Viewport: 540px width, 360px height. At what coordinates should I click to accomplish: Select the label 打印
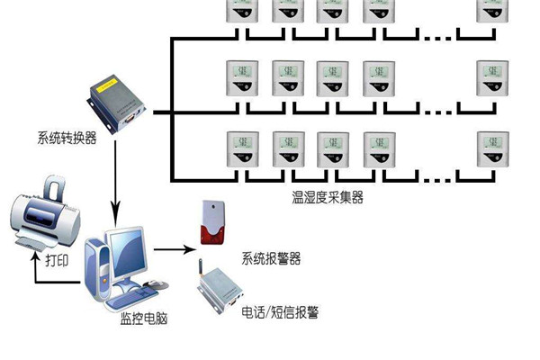click(57, 260)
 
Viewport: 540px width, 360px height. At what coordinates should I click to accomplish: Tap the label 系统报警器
click(271, 258)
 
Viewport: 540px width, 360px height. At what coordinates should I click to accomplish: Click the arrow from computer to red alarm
click(171, 249)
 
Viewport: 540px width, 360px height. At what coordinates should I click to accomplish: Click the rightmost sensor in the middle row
click(490, 78)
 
